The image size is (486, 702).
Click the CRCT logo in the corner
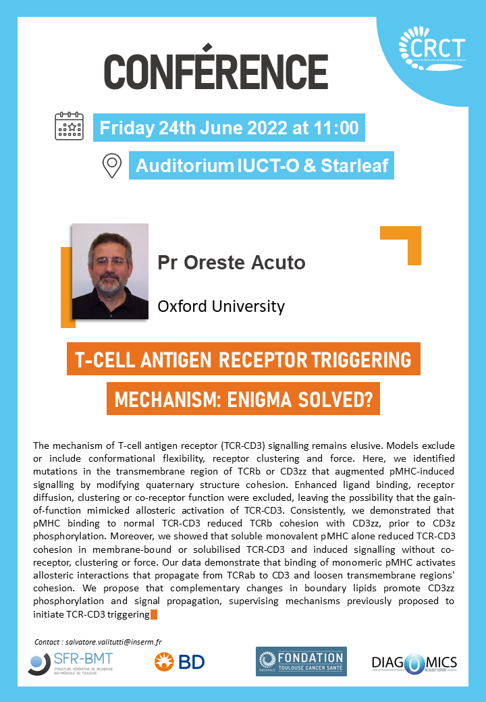point(432,49)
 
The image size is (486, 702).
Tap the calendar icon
point(70,126)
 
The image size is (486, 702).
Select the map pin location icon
point(112,165)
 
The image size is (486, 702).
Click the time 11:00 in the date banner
point(336,128)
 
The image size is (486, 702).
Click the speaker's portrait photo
point(110,271)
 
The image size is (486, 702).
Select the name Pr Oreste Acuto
point(232,263)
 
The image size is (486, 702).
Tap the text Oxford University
point(221,306)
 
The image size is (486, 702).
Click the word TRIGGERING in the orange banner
point(361,360)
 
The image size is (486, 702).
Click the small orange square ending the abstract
point(153,615)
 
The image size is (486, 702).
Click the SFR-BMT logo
point(70,664)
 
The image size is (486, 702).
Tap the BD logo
point(180,662)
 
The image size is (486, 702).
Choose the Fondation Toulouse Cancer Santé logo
point(301,661)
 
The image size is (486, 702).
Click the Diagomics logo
point(414,664)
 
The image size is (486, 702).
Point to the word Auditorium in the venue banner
point(185,165)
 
